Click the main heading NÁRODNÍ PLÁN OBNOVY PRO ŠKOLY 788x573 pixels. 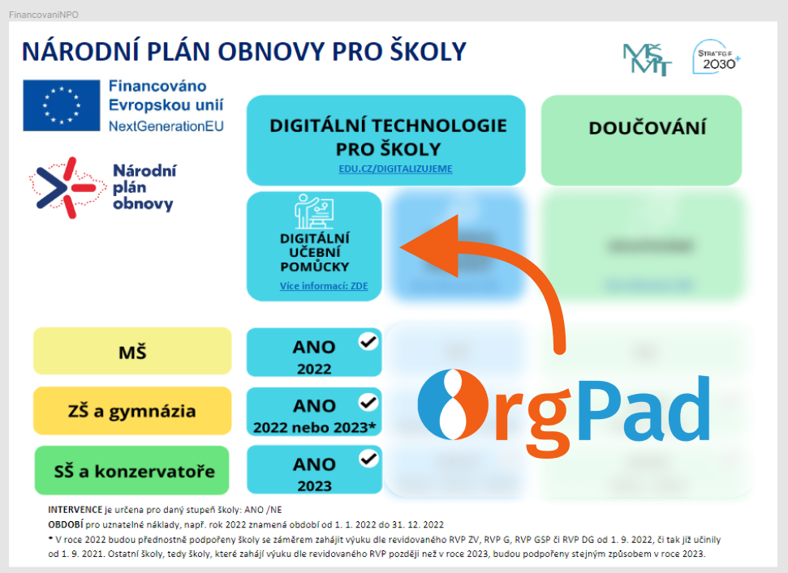[243, 51]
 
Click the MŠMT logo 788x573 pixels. [647, 58]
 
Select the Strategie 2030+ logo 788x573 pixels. [717, 58]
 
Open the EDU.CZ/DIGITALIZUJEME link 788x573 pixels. [395, 169]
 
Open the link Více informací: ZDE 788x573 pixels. [313, 286]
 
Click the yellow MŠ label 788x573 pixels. [132, 352]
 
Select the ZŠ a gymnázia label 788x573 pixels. [132, 411]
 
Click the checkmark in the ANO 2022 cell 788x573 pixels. [368, 341]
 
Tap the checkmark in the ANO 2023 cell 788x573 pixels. [368, 459]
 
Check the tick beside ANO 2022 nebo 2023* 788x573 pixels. [368, 400]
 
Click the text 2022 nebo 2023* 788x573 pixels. [314, 426]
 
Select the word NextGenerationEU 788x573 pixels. [166, 126]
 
